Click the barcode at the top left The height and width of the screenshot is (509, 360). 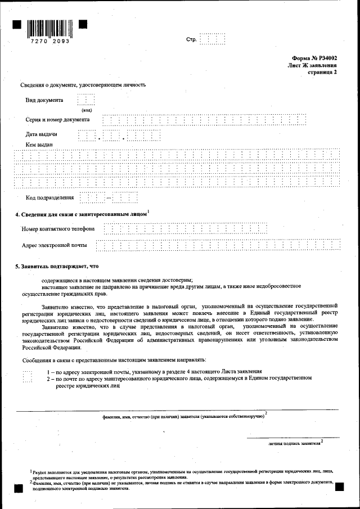click(50, 28)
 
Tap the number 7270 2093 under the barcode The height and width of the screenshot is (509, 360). click(50, 42)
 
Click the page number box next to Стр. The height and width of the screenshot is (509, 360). click(213, 39)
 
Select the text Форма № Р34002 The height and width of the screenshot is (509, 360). click(315, 58)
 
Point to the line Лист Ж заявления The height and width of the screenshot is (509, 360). click(312, 66)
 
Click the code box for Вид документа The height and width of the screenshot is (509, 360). click(86, 100)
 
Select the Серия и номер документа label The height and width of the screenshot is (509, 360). click(57, 120)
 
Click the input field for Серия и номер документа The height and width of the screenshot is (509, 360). click(205, 120)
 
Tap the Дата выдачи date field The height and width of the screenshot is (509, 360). click(119, 135)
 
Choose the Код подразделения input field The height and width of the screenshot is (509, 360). click(109, 197)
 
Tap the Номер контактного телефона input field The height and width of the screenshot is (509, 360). click(186, 228)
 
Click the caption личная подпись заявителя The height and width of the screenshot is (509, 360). click(294, 443)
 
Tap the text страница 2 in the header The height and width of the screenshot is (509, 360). click(322, 73)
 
